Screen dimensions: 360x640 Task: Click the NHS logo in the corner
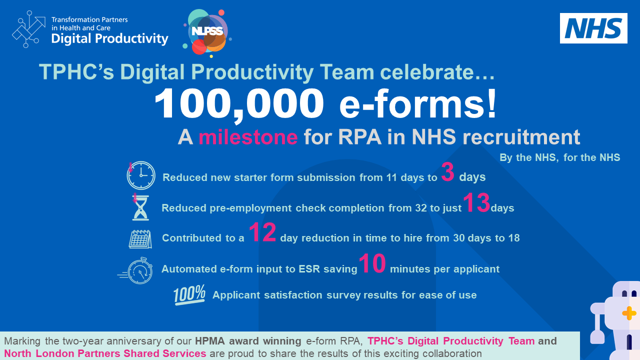pos(593,28)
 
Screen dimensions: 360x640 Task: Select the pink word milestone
pos(248,137)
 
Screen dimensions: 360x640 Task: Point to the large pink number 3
pos(447,173)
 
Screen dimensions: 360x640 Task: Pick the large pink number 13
pos(476,204)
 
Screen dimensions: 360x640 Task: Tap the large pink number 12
pos(262,233)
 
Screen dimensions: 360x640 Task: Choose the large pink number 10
pos(372,264)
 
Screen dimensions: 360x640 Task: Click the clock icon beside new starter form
pos(140,175)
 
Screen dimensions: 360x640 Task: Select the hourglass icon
pos(140,207)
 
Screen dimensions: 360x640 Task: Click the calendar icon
pos(140,238)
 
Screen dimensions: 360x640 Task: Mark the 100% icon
pos(189,295)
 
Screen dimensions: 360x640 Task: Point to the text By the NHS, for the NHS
pos(559,158)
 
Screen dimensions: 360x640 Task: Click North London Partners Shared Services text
pos(105,353)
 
